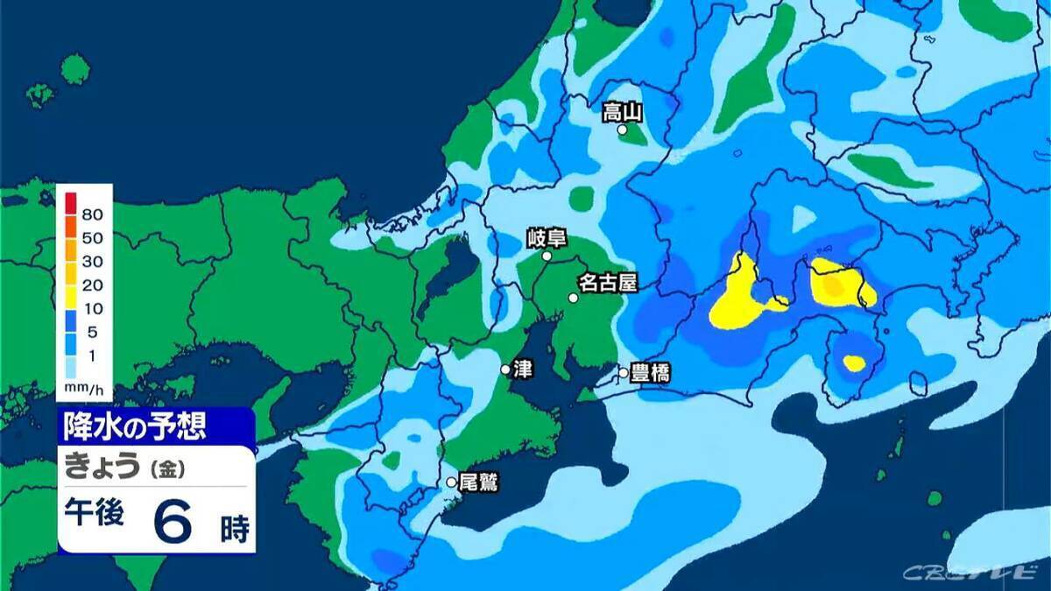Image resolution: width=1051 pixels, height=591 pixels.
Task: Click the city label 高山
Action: point(623,112)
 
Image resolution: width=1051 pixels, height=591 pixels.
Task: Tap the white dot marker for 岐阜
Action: point(547,257)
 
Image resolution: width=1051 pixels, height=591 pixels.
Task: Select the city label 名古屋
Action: point(607,283)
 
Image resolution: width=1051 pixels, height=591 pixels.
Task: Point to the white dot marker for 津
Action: point(505,369)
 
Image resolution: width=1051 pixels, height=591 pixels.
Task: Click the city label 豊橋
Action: point(650,373)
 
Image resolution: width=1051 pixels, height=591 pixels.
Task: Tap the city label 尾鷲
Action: point(478,482)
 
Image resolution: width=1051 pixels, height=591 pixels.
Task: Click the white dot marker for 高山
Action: point(622,130)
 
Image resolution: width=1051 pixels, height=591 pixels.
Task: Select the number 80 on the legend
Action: point(93,214)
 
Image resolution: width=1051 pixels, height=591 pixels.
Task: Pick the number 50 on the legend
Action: point(93,237)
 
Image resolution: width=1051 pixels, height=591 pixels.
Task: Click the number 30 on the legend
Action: point(93,261)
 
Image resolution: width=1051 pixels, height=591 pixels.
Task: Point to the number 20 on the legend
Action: point(93,285)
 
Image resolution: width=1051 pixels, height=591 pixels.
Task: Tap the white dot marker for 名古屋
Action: point(573,298)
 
